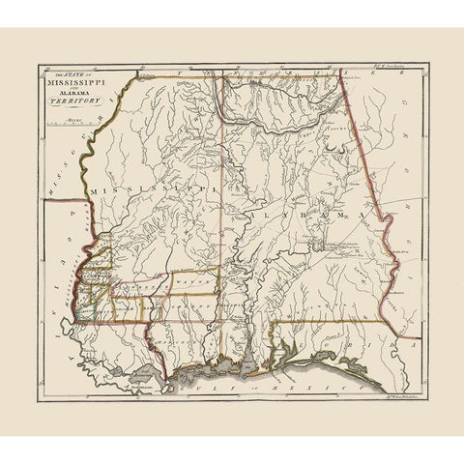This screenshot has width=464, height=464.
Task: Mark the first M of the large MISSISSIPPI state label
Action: pyautogui.click(x=93, y=191)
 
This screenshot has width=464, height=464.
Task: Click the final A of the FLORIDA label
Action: pyautogui.click(x=404, y=341)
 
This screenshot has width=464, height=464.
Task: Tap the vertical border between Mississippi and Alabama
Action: pyautogui.click(x=225, y=222)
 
